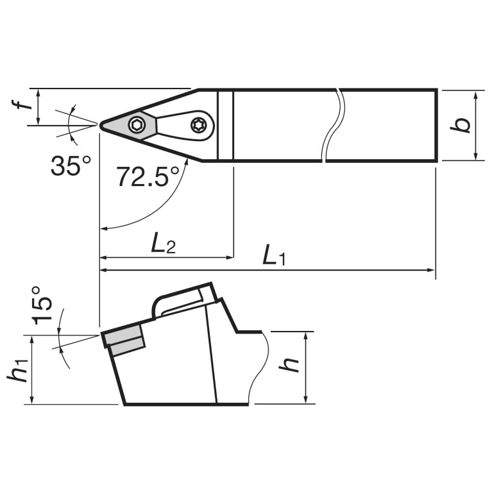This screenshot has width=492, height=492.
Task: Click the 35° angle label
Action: tap(71, 165)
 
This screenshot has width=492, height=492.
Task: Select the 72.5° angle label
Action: tap(148, 176)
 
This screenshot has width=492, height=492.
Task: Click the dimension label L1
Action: tap(274, 255)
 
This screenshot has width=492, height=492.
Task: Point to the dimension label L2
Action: tap(163, 243)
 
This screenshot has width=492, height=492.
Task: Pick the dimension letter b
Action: tap(461, 125)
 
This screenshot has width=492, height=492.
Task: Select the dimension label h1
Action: tap(18, 370)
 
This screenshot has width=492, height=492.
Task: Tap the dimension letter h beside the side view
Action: tap(289, 364)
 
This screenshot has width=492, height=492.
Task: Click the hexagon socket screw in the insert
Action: tap(136, 126)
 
